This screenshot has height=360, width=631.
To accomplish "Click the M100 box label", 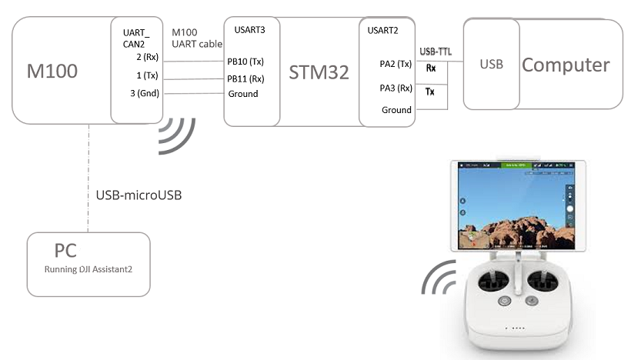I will pyautogui.click(x=52, y=72).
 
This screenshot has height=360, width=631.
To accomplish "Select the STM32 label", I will pyautogui.click(x=319, y=72).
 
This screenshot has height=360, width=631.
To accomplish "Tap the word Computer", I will pyautogui.click(x=566, y=65).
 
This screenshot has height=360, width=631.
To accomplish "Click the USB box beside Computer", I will pyautogui.click(x=491, y=65).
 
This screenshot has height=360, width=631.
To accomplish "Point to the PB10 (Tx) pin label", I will pyautogui.click(x=246, y=62).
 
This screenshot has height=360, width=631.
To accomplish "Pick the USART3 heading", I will pyautogui.click(x=250, y=32).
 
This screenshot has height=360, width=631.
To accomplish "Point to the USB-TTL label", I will pyautogui.click(x=436, y=52).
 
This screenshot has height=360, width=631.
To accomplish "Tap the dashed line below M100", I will pyautogui.click(x=88, y=177).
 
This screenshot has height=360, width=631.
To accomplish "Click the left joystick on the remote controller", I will pyautogui.click(x=486, y=284).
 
